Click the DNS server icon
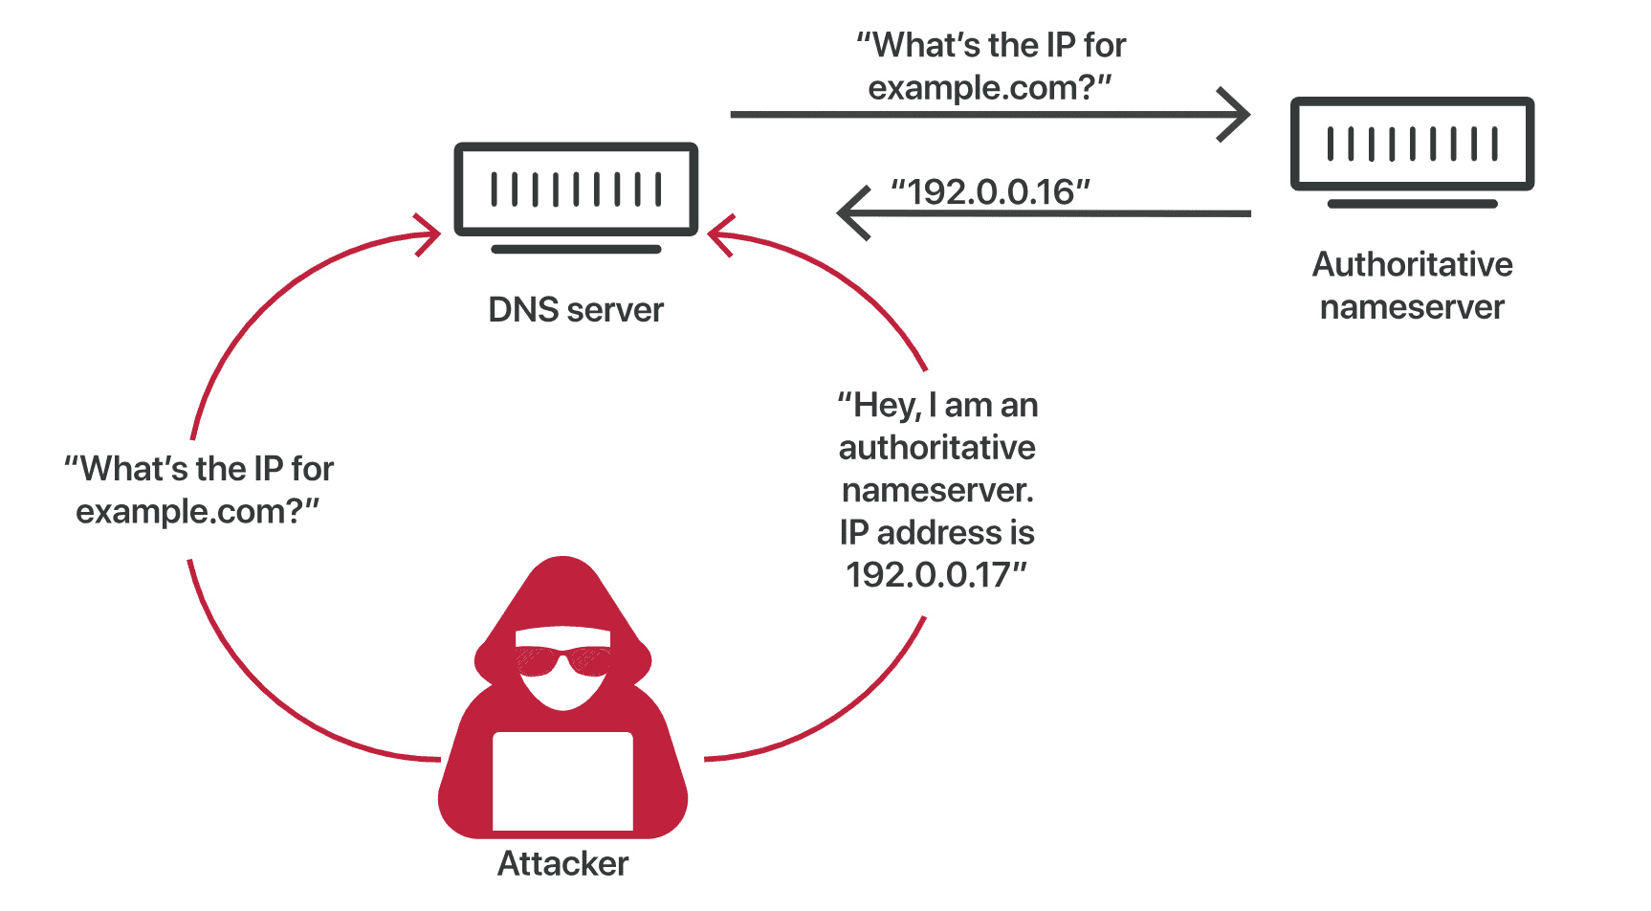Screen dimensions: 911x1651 [576, 189]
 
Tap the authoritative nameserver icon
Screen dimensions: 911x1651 [1412, 144]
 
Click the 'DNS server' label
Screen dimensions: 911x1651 [576, 310]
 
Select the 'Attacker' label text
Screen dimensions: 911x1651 [563, 864]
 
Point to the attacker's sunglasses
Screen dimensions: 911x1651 [562, 660]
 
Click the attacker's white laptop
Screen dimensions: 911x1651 [562, 780]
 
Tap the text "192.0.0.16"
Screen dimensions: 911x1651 [991, 192]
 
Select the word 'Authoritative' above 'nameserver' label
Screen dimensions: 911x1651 [1412, 265]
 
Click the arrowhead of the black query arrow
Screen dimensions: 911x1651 [1239, 115]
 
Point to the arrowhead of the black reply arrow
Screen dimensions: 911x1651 [849, 212]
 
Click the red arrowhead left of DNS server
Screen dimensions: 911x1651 [430, 233]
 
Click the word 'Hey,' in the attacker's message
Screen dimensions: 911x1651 [889, 406]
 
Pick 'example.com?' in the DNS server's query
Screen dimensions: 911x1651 [980, 88]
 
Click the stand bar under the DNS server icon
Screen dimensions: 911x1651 [576, 250]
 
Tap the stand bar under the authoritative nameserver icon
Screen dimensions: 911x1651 [1412, 204]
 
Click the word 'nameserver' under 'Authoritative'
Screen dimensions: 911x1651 [1412, 307]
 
